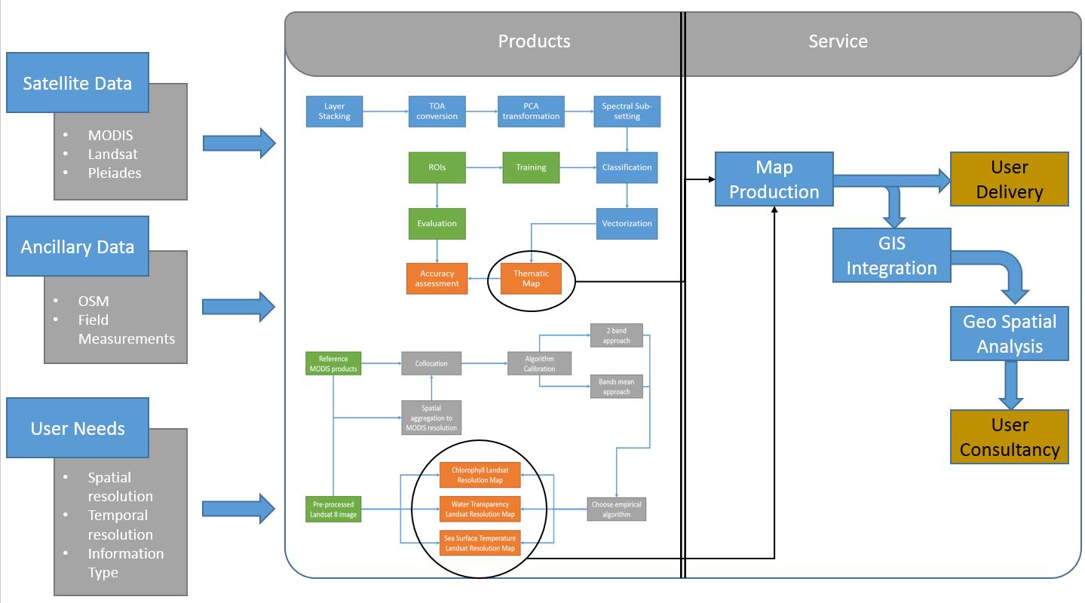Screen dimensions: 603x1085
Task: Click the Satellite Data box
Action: point(77,83)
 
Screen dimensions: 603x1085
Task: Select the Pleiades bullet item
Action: point(114,173)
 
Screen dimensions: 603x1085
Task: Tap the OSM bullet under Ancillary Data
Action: point(93,301)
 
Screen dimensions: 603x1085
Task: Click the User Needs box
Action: point(78,428)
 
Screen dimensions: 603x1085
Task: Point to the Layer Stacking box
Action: point(334,111)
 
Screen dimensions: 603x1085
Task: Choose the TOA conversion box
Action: point(437,111)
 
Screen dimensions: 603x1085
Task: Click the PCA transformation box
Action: point(531,111)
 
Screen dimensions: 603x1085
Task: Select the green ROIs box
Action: point(437,167)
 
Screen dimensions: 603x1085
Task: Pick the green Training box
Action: point(531,167)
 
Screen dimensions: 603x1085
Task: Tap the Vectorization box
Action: point(627,223)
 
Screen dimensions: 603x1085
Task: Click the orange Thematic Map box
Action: point(531,279)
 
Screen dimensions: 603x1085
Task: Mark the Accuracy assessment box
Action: point(437,279)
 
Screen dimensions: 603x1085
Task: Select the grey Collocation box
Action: point(431,363)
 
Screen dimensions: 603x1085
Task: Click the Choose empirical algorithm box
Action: point(617,509)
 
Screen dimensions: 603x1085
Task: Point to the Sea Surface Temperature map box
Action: point(480,543)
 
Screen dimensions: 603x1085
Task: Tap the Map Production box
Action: point(774,179)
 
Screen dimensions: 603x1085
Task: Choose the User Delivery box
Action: point(1009,179)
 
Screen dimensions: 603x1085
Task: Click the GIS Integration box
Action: point(891,256)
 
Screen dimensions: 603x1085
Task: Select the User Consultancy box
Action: point(1009,437)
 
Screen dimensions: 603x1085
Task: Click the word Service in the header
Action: point(838,41)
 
